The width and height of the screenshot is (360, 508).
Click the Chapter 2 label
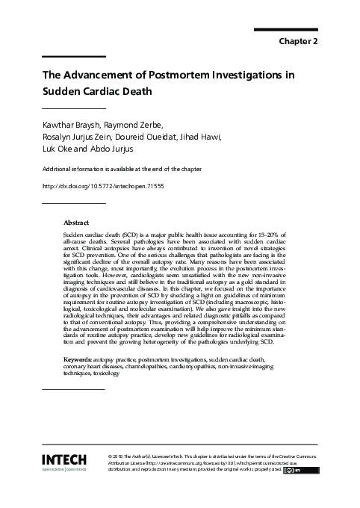pyautogui.click(x=299, y=41)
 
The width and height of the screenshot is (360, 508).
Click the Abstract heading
pyautogui.click(x=76, y=223)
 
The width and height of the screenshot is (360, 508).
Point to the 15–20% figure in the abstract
pyautogui.click(x=270, y=235)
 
